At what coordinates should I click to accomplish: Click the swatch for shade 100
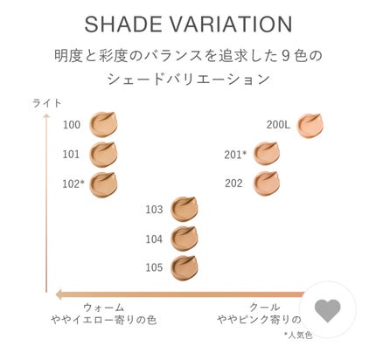pos(103,124)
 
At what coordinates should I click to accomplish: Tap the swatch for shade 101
pos(103,154)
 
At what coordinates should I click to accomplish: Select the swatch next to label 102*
pos(103,183)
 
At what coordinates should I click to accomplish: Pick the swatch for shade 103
pos(185,209)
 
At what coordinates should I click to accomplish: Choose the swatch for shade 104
pos(185,238)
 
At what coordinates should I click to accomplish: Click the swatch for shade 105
pos(185,267)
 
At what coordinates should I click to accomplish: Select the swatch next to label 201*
pos(266,154)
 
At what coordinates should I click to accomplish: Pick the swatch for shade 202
pos(266,183)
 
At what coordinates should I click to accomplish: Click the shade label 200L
pos(278,125)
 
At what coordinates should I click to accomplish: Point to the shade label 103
pos(154,210)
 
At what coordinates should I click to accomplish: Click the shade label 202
pos(233,183)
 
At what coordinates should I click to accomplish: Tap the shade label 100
pos(72,125)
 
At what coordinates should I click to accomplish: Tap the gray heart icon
pos(328,309)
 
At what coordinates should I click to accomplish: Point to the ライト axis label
pos(46,102)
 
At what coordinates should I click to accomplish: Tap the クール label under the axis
pos(265,308)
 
